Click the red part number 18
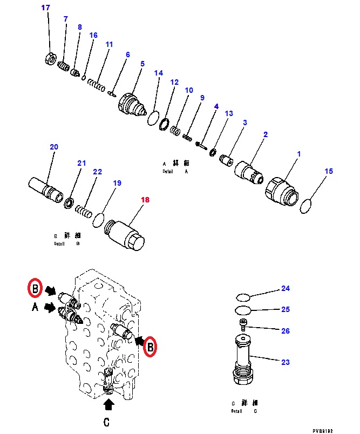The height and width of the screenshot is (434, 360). pos(145,200)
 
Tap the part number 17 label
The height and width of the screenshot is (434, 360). pos(46,8)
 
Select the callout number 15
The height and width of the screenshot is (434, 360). pos(329,172)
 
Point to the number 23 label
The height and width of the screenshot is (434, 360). pos(285,362)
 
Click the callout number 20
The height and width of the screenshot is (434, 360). pos(54,147)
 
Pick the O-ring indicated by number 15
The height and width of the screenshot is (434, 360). pos(305,206)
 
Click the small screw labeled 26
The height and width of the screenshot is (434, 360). pos(243,325)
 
